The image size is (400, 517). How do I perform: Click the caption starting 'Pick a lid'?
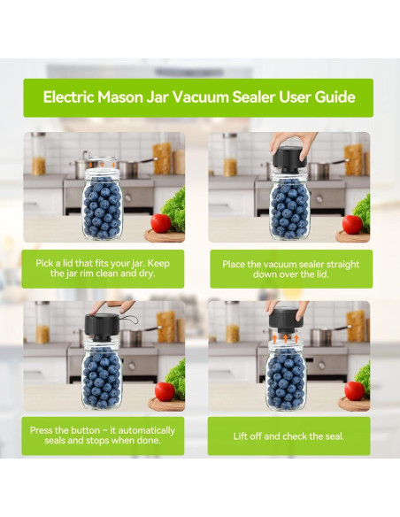[104, 268]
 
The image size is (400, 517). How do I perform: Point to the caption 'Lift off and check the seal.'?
[288, 436]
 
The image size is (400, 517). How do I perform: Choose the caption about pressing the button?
[104, 436]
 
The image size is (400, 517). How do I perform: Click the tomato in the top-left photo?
[161, 223]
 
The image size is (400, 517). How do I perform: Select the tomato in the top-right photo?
[352, 223]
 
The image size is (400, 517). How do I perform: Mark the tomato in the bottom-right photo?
[354, 390]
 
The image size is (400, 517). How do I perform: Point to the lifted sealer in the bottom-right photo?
[283, 318]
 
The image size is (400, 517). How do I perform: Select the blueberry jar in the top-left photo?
[102, 204]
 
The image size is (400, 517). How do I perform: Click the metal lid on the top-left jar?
[102, 163]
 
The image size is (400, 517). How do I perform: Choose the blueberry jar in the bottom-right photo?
[285, 379]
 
